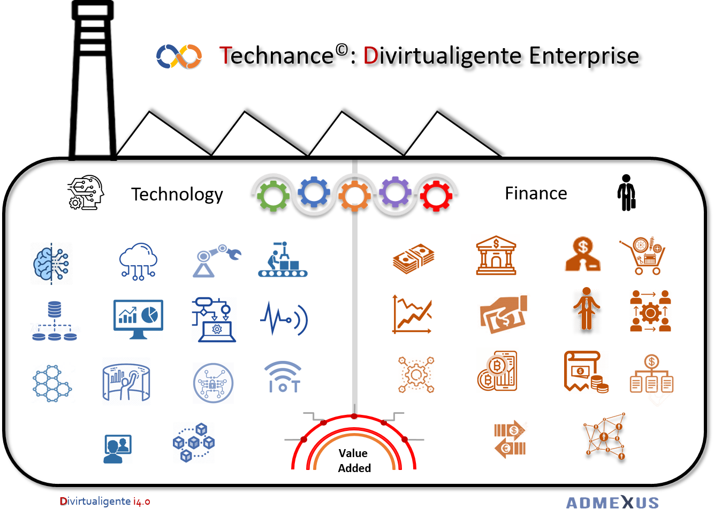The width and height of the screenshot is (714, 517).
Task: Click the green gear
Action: point(273,195)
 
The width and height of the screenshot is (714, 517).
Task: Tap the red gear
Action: point(436,195)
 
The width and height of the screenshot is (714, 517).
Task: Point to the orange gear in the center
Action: point(354,196)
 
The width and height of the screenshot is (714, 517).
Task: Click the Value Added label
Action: point(354,460)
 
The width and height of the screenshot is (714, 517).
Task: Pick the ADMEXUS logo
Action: point(612,503)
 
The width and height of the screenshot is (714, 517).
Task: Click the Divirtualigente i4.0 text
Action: point(105,501)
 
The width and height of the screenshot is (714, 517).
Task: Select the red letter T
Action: point(225,56)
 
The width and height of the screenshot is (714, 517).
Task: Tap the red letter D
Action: point(370,56)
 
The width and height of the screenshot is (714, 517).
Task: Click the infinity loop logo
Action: point(179,56)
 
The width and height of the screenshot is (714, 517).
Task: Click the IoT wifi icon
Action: point(283,377)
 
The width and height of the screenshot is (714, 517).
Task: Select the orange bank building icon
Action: point(496,256)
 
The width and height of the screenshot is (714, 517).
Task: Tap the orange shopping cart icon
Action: point(644,255)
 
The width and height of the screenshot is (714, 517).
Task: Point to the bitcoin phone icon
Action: point(498,370)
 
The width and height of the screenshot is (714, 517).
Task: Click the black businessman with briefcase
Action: point(626,193)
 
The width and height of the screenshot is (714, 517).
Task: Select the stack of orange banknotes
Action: point(413,259)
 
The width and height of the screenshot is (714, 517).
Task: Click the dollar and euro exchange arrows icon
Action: point(514,436)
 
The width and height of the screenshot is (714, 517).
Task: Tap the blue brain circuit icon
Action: point(51,263)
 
